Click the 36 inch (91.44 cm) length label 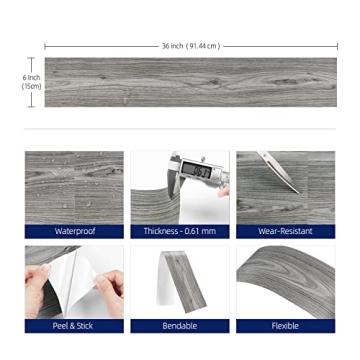point(190,46)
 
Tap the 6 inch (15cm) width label point(31,82)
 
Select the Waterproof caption point(74,231)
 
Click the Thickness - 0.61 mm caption point(180,231)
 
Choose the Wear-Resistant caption point(285,231)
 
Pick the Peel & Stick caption point(74,325)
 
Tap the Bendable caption point(180,325)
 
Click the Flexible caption point(285,325)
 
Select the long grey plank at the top point(190,82)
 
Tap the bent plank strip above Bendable point(183,280)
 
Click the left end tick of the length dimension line point(45,46)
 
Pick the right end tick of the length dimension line point(336,46)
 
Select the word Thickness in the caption point(161,231)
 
